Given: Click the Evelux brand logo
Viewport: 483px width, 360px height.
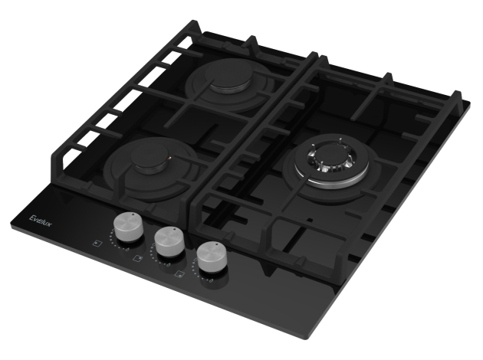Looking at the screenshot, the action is pyautogui.click(x=41, y=221).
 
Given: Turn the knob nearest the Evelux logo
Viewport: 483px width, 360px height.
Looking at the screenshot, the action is pyautogui.click(x=129, y=226).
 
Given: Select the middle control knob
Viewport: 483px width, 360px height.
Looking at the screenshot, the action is pyautogui.click(x=169, y=241).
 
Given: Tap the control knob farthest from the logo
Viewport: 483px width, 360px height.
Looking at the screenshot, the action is pyautogui.click(x=212, y=256).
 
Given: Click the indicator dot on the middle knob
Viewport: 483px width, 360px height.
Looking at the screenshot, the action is pyautogui.click(x=174, y=229).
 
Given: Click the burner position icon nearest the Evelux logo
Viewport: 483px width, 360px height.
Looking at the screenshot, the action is pyautogui.click(x=97, y=243).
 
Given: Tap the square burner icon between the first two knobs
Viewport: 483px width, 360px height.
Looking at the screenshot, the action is pyautogui.click(x=138, y=258).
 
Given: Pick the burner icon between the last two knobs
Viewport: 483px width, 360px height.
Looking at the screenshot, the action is pyautogui.click(x=179, y=273).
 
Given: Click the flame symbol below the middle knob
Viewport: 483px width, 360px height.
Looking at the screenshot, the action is pyautogui.click(x=169, y=264).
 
